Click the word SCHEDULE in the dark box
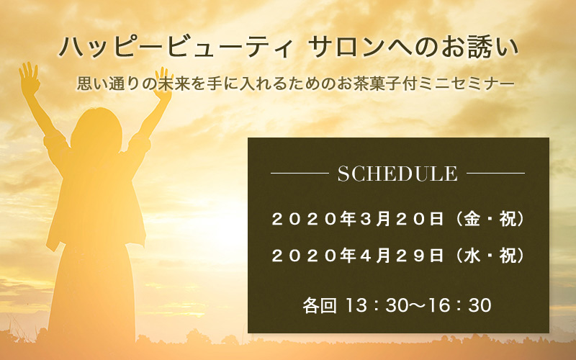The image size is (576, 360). coord(397,174)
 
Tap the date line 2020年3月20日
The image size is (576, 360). coord(358,220)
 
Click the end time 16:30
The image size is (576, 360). coord(460,305)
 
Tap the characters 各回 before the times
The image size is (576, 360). coord(320,305)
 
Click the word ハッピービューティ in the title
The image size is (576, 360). coord(175,48)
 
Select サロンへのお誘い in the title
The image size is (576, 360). coord(413,48)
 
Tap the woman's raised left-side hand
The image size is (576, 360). coord(29,78)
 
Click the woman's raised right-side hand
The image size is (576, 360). coord(163,84)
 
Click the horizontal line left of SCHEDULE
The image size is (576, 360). coord(300,173)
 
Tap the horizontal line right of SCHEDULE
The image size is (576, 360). coord(495,173)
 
